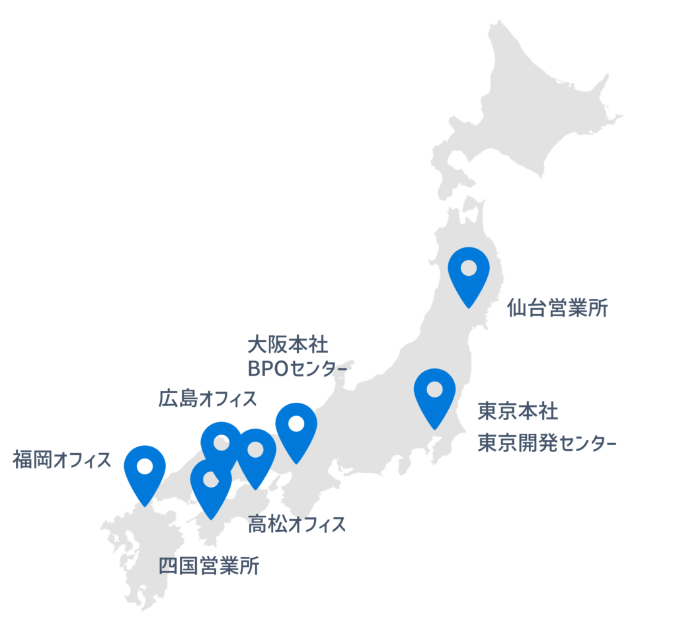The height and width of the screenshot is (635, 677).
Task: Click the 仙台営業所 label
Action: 557,308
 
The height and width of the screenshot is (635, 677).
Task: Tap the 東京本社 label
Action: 518,411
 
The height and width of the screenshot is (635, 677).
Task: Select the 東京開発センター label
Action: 547,444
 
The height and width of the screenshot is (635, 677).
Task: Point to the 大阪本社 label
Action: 288,345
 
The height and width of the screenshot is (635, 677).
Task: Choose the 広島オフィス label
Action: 208,399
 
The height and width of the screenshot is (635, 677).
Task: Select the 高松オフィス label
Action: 297,525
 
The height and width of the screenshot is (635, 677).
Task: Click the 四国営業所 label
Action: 210,567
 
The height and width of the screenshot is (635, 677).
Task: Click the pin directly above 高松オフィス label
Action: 257,452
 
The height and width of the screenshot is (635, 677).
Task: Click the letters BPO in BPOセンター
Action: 264,368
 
